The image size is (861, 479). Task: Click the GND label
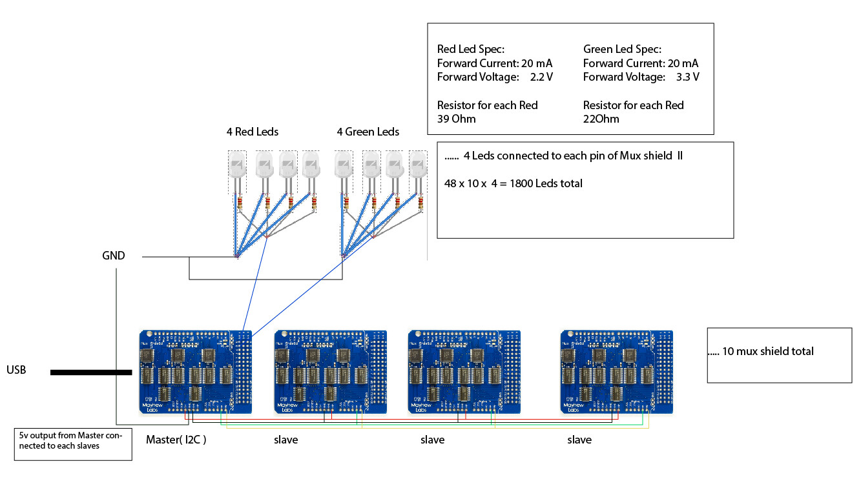(x=113, y=256)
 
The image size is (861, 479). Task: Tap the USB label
(x=16, y=371)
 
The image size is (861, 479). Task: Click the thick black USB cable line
(x=90, y=372)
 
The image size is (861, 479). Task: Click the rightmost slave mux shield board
(x=616, y=371)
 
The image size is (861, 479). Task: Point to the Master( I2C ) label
(x=176, y=440)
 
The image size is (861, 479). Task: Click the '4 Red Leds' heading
(x=252, y=132)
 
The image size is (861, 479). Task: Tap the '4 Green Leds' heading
(x=368, y=132)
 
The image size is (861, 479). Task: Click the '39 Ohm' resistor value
(x=457, y=119)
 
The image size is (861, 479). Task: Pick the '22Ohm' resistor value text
(x=601, y=119)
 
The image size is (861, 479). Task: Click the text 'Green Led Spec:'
(x=621, y=49)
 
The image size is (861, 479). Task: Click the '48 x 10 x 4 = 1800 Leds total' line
(x=513, y=183)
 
